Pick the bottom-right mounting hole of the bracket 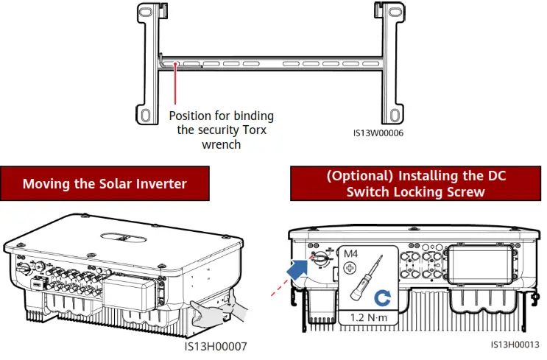click(x=395, y=115)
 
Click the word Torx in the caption click(x=253, y=130)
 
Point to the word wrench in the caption click(x=221, y=144)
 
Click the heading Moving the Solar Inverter click(x=105, y=183)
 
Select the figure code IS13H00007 click(x=215, y=345)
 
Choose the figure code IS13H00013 click(x=515, y=344)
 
